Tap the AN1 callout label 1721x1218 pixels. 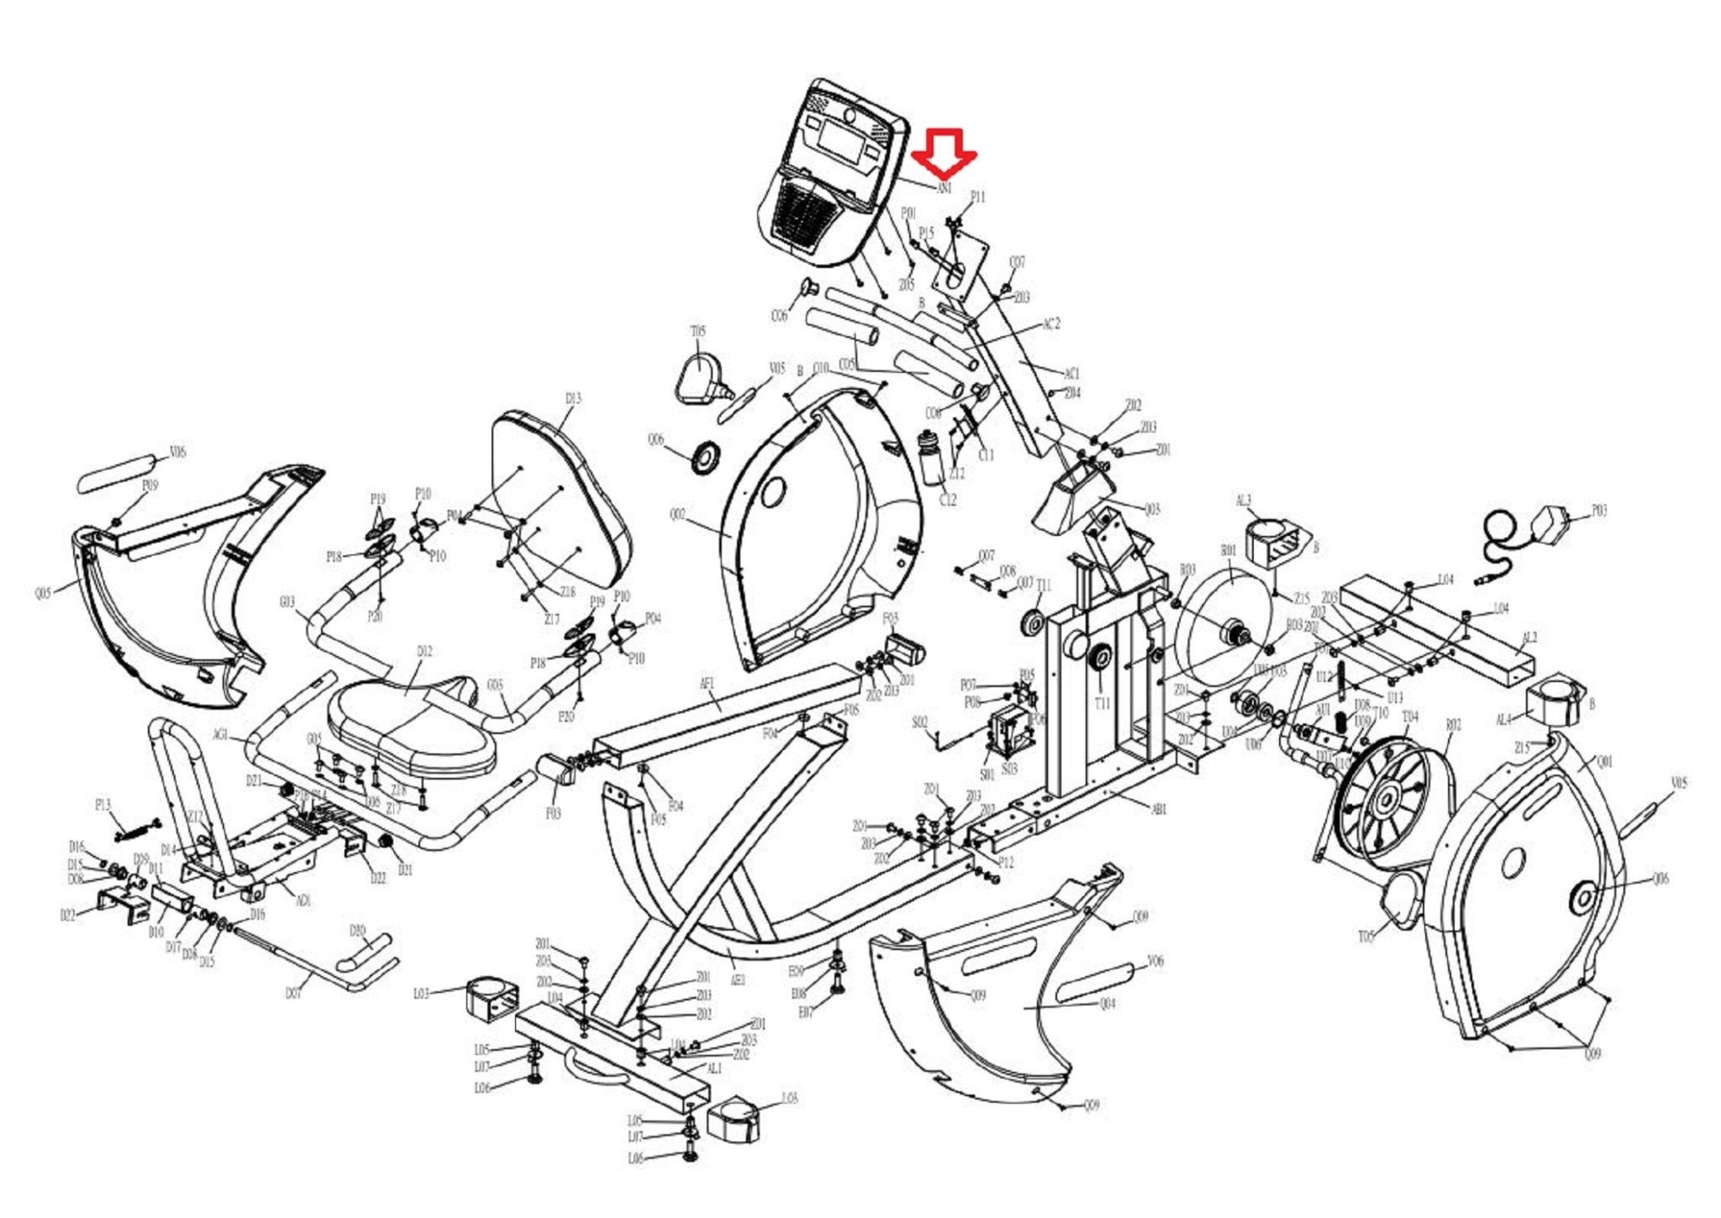click(x=945, y=189)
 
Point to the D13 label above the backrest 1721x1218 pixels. click(x=572, y=398)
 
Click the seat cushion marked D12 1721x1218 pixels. click(x=412, y=722)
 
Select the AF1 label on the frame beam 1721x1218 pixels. click(x=707, y=684)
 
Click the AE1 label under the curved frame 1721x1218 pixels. click(x=738, y=980)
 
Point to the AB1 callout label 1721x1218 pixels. click(x=1159, y=810)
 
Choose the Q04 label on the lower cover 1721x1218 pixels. click(x=1108, y=1004)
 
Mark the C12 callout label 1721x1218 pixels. click(x=947, y=500)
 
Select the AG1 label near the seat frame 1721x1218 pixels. click(x=220, y=735)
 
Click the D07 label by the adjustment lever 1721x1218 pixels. click(x=292, y=995)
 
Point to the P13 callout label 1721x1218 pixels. click(x=103, y=806)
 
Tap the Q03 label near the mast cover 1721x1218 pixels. click(x=1152, y=509)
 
